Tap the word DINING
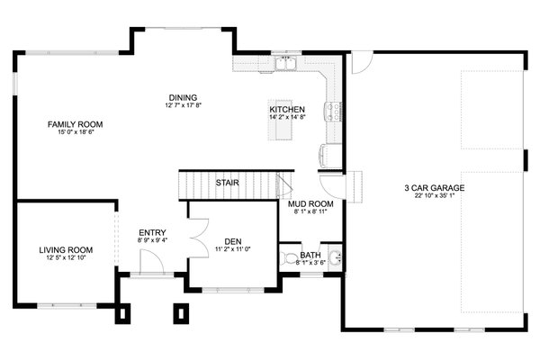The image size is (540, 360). pyautogui.click(x=183, y=97)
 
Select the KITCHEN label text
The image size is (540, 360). pyautogui.click(x=287, y=110)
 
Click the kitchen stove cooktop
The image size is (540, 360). pyautogui.click(x=334, y=112)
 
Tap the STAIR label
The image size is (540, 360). pyautogui.click(x=227, y=184)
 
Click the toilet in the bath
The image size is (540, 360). pyautogui.click(x=289, y=259)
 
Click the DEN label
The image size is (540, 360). pyautogui.click(x=233, y=240)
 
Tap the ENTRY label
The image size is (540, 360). pyautogui.click(x=151, y=232)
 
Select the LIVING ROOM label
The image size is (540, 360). pyautogui.click(x=67, y=250)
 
